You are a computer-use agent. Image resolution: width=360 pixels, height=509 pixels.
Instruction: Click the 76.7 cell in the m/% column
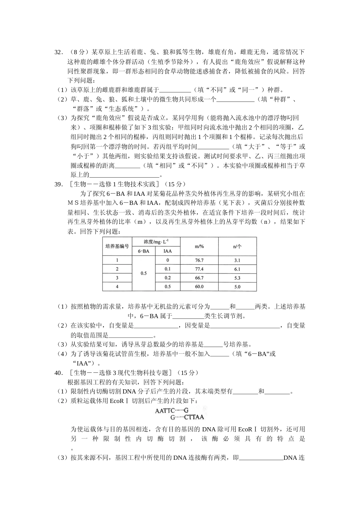[199, 261]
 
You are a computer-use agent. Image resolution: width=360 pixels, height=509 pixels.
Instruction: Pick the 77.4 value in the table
[199, 269]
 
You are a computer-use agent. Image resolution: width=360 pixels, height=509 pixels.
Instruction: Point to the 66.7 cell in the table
[199, 278]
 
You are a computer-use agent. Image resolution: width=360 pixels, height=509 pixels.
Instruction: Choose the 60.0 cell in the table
[199, 287]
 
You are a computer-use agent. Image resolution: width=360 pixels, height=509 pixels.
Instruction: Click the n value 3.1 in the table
[237, 261]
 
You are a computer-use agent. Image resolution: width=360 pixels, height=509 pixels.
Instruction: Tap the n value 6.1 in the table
[237, 269]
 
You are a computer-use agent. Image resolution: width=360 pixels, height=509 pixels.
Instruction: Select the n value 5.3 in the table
[237, 278]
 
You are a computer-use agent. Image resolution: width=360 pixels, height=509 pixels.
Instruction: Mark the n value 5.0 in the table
[237, 287]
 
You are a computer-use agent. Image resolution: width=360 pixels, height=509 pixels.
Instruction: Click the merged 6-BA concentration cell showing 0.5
[144, 273]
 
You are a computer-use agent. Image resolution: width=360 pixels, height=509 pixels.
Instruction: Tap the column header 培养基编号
[117, 246]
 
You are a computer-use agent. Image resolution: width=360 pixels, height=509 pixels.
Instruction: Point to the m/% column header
[199, 247]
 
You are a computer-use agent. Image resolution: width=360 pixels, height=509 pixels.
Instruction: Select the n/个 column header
[237, 247]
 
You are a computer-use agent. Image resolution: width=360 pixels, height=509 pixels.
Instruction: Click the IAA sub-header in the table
[167, 251]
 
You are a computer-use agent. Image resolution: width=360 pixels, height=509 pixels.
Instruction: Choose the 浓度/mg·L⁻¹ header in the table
[156, 242]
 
